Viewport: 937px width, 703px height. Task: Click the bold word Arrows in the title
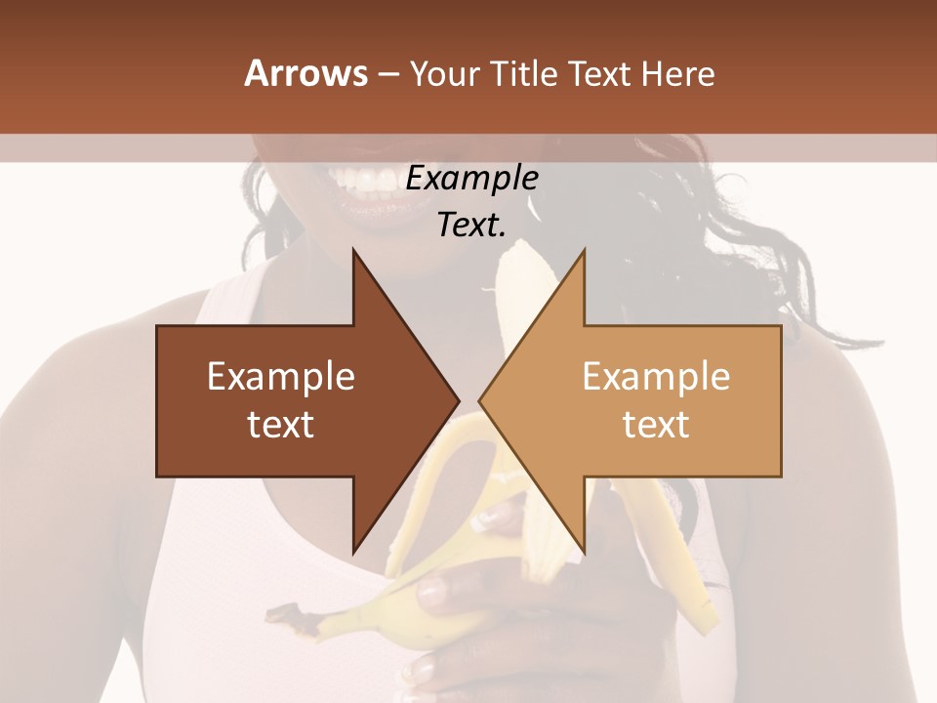(x=306, y=73)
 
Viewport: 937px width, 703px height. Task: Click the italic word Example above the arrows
(x=472, y=179)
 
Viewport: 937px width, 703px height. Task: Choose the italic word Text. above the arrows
(x=472, y=226)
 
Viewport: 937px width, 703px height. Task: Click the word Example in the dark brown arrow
(x=281, y=377)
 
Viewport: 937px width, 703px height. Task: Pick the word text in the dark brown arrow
(x=281, y=425)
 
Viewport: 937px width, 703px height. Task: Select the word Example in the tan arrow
(x=656, y=377)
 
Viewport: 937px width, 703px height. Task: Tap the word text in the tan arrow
(x=656, y=425)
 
